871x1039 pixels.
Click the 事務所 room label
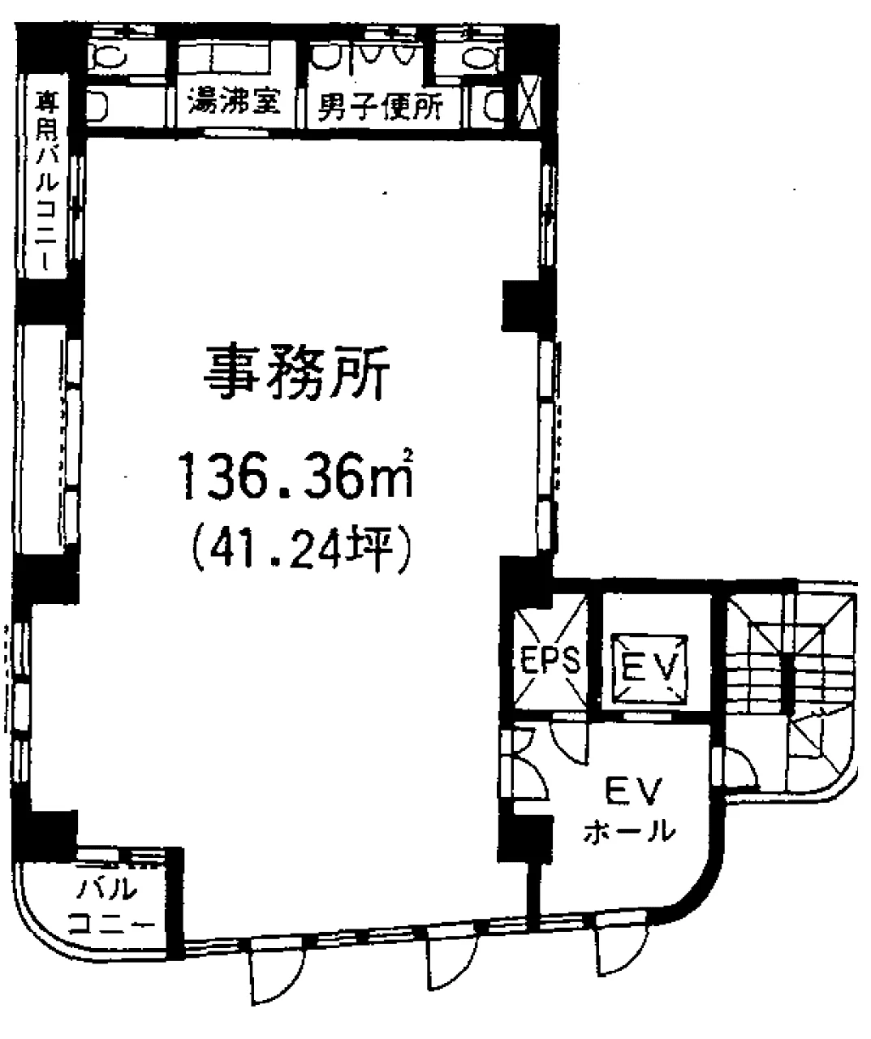tap(296, 373)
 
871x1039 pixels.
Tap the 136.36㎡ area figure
tap(298, 474)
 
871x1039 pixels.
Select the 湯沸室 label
tap(234, 100)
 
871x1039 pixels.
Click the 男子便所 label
tap(380, 106)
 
